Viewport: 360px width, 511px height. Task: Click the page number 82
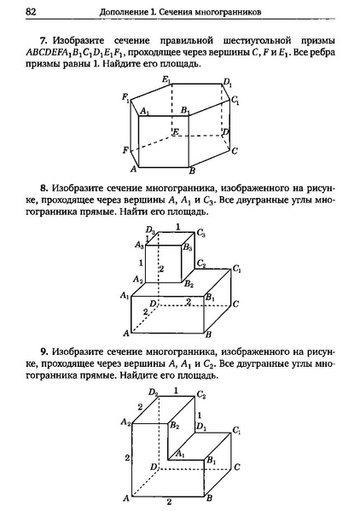pos(31,11)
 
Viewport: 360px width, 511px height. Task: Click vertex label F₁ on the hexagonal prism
pos(126,97)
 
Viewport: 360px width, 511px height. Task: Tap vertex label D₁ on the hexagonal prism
pos(227,83)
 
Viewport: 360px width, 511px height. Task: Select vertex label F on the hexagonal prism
pos(126,149)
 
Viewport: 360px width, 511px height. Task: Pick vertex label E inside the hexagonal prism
pos(174,131)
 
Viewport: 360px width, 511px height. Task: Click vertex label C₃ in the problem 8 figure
pos(200,231)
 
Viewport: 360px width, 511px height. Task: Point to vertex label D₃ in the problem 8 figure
pos(150,230)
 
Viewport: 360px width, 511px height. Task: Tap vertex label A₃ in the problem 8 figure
pos(140,245)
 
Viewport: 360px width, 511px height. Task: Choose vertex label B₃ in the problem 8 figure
pos(187,247)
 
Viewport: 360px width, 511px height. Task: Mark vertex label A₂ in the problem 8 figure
pos(137,279)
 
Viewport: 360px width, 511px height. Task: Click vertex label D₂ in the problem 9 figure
pos(153,392)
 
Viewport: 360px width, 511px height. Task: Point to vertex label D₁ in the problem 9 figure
pos(201,426)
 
